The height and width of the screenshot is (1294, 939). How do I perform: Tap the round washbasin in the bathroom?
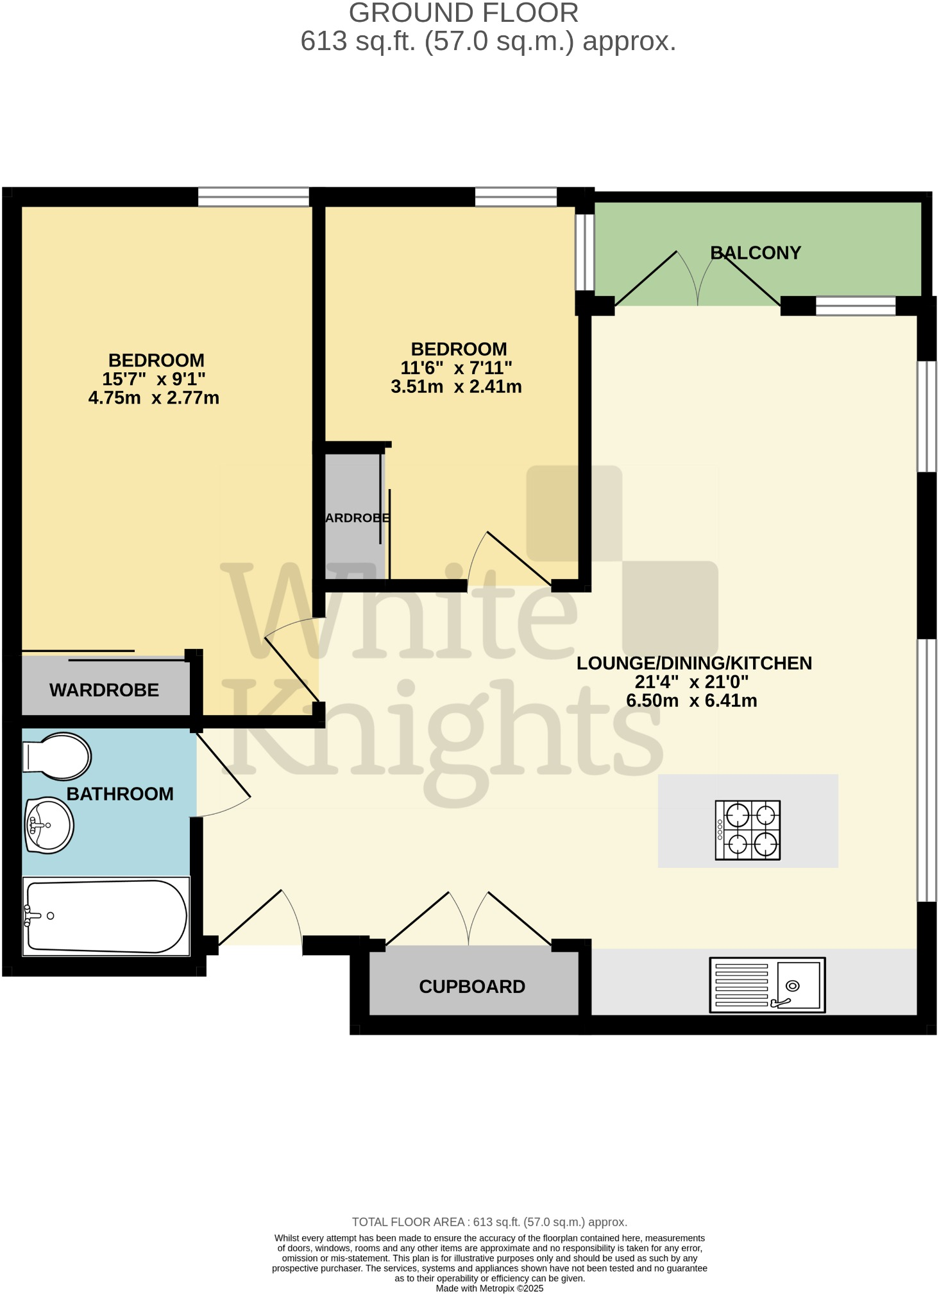coord(49,825)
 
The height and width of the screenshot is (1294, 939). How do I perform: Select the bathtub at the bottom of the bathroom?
coord(106,916)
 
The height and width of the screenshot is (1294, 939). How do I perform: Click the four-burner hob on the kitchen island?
coord(748,829)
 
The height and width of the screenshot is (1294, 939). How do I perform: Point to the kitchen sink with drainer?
coord(767,985)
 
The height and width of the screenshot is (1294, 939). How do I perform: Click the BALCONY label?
coord(756,253)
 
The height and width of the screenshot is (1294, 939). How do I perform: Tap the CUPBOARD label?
coord(472,987)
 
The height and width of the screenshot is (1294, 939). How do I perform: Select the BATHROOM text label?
coord(120,794)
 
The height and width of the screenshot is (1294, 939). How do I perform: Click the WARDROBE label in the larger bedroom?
coord(104,690)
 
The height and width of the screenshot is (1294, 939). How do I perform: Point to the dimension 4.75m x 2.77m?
coord(154,398)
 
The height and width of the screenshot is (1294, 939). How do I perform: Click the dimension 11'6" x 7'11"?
coord(456,368)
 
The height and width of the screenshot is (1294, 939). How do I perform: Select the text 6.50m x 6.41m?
coord(691,700)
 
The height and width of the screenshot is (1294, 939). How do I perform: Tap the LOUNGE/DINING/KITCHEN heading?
coord(694,663)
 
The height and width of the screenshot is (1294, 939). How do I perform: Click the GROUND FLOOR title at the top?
coord(463,13)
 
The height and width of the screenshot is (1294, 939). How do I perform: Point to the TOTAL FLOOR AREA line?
coord(489,1222)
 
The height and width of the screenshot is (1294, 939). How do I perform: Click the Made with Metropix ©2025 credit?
coord(489,1288)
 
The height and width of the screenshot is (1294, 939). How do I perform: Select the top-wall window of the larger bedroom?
coord(253,196)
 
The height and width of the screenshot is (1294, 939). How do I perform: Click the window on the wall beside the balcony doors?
coord(855,306)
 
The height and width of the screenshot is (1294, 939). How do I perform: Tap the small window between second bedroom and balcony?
coord(584,252)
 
